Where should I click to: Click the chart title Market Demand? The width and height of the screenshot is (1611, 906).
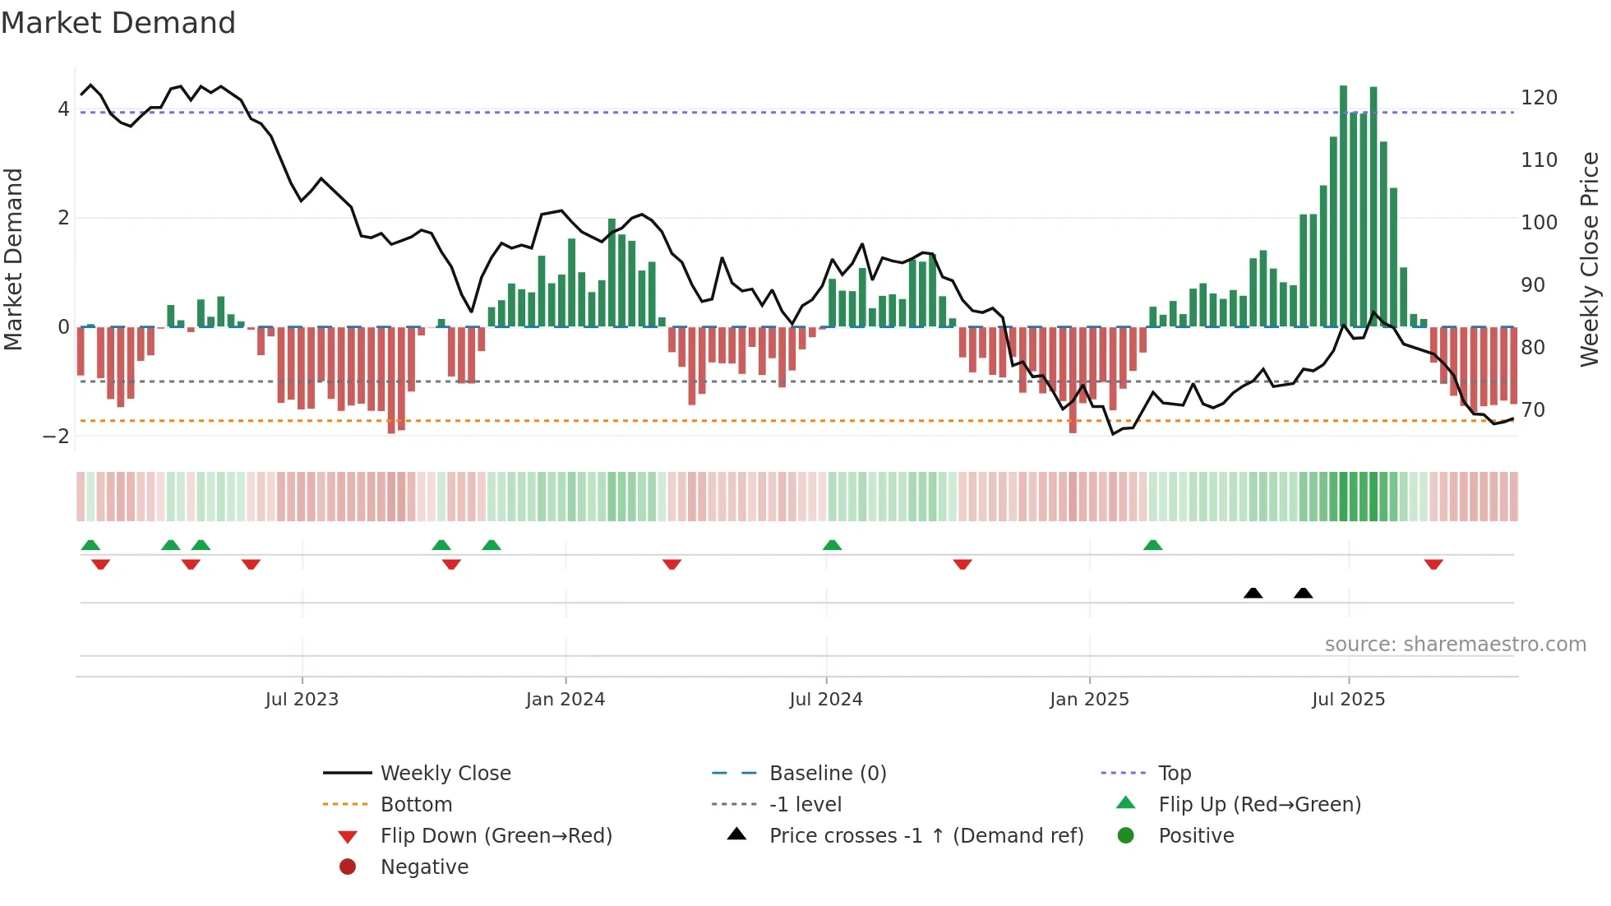point(118,23)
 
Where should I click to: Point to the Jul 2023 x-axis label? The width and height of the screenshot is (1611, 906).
point(302,700)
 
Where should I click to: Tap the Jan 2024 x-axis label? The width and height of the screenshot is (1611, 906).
point(565,700)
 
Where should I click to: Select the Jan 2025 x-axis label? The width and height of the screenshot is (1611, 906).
point(1089,700)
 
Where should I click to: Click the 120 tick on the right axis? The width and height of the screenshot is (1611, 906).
point(1539,98)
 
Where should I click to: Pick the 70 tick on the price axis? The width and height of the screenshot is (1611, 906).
point(1533,409)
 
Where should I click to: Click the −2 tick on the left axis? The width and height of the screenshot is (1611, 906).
point(56,437)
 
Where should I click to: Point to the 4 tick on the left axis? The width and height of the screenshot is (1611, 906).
point(63,109)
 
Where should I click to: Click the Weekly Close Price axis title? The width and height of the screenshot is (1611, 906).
point(1590,259)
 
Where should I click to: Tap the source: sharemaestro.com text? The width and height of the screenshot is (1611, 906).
point(1455,645)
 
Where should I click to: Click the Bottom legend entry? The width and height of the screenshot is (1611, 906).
point(416,805)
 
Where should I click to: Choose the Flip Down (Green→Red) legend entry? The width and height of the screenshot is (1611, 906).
point(496,836)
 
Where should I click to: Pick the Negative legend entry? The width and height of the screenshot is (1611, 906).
point(424,867)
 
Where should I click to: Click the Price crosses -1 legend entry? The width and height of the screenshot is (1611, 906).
point(926,836)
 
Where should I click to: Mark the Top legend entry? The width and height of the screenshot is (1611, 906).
point(1175,774)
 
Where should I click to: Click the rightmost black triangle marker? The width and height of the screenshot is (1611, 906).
point(1303,593)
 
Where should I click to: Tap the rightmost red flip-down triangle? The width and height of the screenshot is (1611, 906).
point(1433,564)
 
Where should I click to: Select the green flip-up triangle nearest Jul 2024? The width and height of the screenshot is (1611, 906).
point(832,545)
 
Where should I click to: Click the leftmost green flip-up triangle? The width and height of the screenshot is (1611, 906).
point(90,545)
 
